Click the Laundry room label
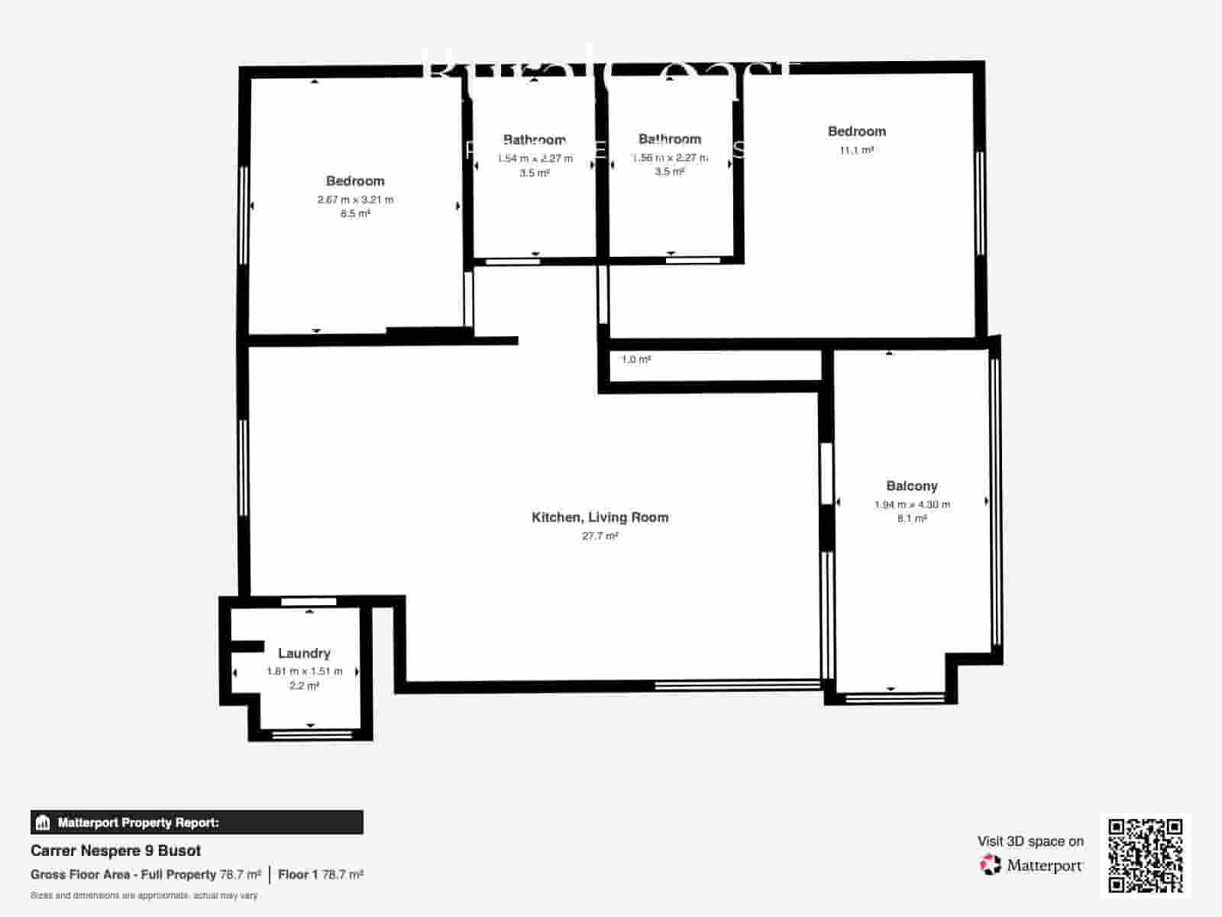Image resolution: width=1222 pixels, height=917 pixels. (x=304, y=653)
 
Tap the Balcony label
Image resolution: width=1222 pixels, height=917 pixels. (x=912, y=486)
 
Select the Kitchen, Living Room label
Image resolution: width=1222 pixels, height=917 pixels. (x=600, y=517)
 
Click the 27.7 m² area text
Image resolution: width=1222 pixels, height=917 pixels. (x=600, y=536)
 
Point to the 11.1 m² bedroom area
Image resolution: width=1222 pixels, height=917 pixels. (x=856, y=151)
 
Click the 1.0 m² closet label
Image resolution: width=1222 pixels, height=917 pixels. (x=635, y=359)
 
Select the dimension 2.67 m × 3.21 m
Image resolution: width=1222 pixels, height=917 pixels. (x=355, y=199)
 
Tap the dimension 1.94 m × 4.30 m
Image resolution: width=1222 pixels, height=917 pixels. (x=912, y=504)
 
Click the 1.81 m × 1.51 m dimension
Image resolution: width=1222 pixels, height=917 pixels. (x=304, y=671)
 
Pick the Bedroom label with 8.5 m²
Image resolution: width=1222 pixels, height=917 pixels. (x=355, y=181)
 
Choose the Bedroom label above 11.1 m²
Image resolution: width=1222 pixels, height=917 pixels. (x=856, y=131)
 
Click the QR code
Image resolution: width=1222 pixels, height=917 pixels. (x=1145, y=855)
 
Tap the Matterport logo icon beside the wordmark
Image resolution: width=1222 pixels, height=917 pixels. (x=990, y=865)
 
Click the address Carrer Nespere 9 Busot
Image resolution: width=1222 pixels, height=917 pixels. (x=115, y=851)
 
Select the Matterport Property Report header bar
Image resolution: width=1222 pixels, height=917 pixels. (x=196, y=822)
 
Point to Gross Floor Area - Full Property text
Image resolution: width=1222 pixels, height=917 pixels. (x=123, y=874)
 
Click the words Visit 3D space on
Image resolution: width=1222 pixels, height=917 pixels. (x=1030, y=841)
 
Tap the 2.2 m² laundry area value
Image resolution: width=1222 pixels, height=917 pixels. (x=304, y=685)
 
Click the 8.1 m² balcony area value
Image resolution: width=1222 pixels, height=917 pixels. (x=912, y=519)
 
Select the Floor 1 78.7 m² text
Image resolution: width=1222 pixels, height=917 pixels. (x=320, y=874)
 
